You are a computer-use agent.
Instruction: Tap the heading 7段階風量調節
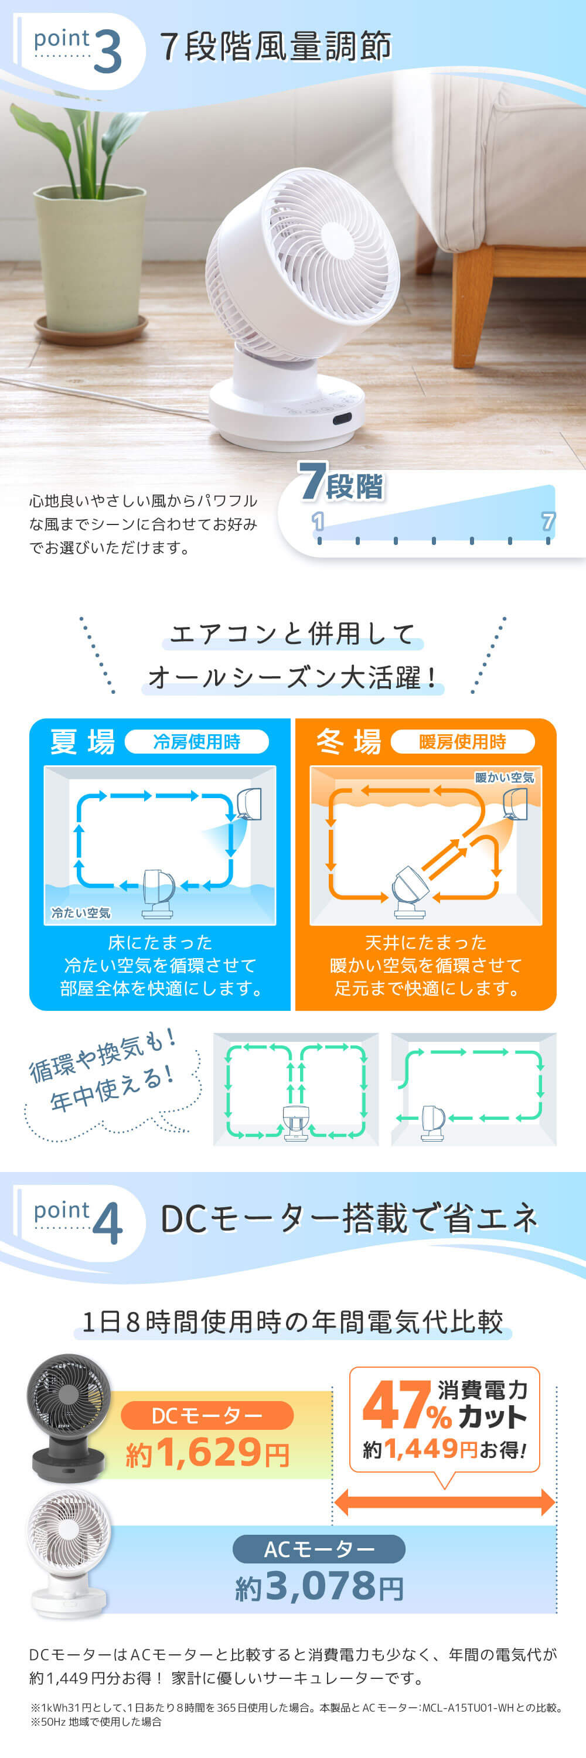click(275, 47)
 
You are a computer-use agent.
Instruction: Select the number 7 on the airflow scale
click(547, 522)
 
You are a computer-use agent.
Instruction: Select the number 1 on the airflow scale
click(318, 522)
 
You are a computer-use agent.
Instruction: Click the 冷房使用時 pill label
click(196, 742)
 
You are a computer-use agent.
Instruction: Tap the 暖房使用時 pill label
click(462, 742)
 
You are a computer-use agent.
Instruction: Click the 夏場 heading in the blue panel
click(83, 742)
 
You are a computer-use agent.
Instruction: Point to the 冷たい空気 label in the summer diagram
click(80, 912)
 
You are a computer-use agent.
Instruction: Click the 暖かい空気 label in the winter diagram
click(504, 777)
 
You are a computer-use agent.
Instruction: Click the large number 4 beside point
click(107, 1225)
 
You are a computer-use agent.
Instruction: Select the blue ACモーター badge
click(319, 1549)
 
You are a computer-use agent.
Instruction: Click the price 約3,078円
click(319, 1586)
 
